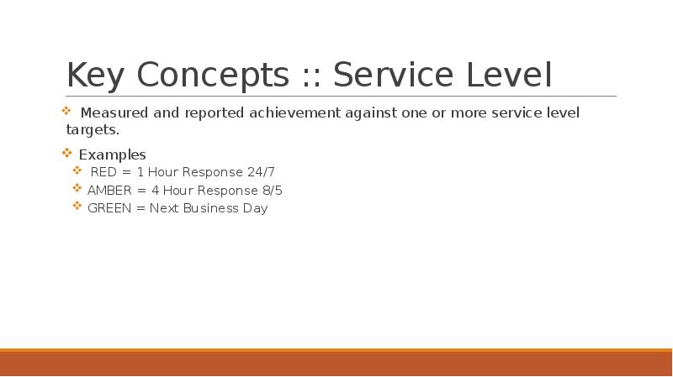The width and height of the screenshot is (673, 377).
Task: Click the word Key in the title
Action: [x=95, y=75]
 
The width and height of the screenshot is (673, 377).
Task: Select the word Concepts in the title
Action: [x=213, y=75]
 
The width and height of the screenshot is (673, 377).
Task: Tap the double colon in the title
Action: [x=311, y=77]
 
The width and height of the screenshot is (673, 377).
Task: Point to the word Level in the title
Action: [x=509, y=75]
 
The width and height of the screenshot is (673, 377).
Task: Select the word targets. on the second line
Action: [x=93, y=130]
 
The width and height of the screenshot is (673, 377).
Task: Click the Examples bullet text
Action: [x=113, y=154]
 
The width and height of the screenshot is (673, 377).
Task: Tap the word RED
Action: [x=103, y=172]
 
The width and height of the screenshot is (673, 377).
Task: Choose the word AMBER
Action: [x=109, y=191]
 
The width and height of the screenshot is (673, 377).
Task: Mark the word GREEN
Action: [x=109, y=208]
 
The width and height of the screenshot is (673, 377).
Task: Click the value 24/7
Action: [x=261, y=172]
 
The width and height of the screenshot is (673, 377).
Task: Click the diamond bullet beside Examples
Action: [x=67, y=153]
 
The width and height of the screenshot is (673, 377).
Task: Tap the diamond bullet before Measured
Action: [x=66, y=111]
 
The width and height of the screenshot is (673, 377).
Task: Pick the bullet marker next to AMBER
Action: [x=77, y=188]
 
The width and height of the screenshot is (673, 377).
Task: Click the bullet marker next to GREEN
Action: [x=77, y=206]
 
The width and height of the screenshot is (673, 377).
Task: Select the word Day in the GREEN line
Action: [x=256, y=208]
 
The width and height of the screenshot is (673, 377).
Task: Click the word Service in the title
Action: [x=393, y=75]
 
